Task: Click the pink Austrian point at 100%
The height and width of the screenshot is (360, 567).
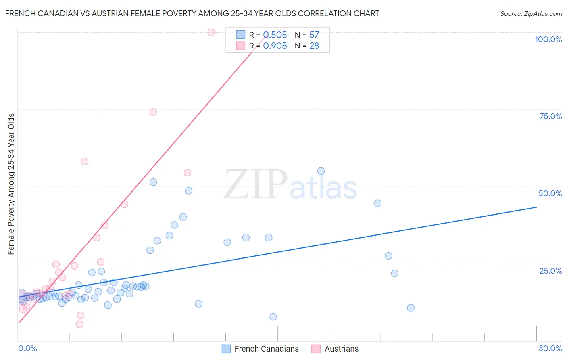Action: point(211,32)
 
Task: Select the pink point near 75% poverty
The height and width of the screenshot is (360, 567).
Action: point(153,112)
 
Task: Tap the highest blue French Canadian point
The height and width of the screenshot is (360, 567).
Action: point(321,171)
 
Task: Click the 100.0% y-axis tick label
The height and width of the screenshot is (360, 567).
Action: point(548,39)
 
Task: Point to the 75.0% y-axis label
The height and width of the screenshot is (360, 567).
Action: point(550,116)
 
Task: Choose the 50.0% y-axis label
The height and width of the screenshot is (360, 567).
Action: point(550,193)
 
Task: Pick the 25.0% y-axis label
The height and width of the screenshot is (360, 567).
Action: point(550,271)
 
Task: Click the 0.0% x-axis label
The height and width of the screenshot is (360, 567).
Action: point(27,348)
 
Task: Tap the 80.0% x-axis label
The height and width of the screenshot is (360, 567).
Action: point(550,348)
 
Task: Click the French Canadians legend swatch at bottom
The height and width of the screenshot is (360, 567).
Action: point(226,349)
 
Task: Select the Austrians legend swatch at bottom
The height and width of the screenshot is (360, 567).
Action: point(316,349)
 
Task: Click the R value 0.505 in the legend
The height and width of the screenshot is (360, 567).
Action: point(275,35)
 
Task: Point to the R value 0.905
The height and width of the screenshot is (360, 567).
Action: point(275,46)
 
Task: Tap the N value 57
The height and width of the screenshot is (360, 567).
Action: point(314,35)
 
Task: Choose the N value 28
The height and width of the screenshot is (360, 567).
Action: point(314,46)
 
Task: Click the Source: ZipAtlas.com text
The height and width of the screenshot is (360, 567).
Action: point(531,13)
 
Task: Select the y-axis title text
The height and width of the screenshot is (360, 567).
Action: point(11,184)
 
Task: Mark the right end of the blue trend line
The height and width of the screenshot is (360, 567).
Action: point(536,207)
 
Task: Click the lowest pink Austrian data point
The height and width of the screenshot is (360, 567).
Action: point(79,324)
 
